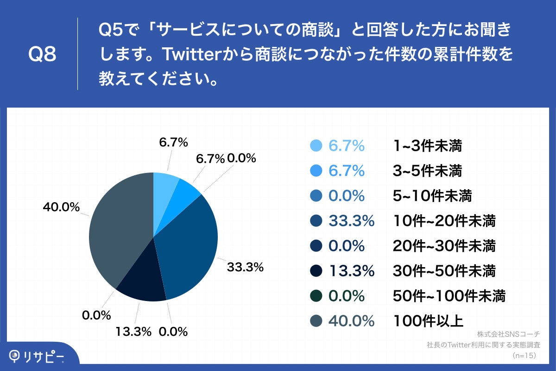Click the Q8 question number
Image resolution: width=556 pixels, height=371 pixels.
coord(42,55)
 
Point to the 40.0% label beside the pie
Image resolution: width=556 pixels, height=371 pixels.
coord(61,207)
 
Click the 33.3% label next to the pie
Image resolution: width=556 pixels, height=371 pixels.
coord(245,267)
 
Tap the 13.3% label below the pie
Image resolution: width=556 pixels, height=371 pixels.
coord(134,332)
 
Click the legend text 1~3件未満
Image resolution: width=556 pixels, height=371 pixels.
coord(427,146)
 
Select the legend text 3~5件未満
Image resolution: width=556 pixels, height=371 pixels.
coord(427,171)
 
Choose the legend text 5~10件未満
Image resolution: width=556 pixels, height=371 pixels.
coord(432,196)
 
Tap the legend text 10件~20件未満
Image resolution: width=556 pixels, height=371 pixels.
coord(444,221)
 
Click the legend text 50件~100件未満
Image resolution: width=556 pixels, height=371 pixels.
coord(449,296)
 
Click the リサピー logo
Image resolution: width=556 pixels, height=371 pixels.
coord(37,356)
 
